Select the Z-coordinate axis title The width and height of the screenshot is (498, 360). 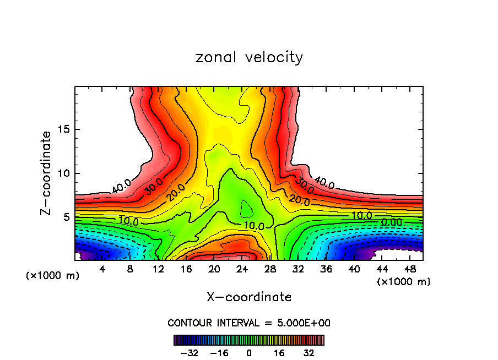point(46,173)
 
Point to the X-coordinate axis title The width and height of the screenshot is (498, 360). point(249,297)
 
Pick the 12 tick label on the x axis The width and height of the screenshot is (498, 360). point(159,270)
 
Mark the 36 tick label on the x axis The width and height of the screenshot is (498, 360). point(326,270)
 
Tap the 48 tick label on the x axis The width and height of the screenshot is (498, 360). point(410,270)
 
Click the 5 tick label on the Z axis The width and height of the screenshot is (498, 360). point(64,217)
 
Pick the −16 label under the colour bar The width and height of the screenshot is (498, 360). point(219,353)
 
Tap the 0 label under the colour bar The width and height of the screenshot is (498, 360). point(249,353)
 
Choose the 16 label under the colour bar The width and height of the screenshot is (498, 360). point(279,353)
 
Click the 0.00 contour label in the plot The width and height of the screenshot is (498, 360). point(392,222)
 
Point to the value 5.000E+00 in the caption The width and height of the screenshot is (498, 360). point(304,323)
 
